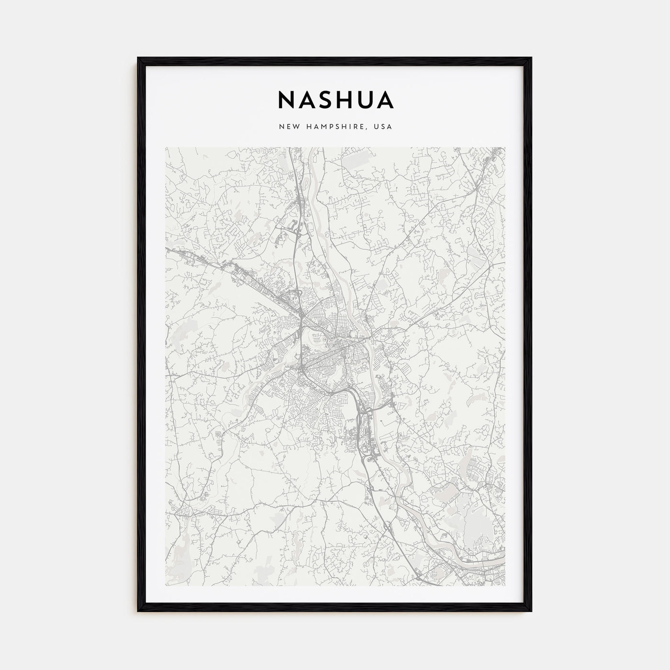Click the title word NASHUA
coord(335,100)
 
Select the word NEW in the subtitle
coord(286,127)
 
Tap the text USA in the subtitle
coord(383,127)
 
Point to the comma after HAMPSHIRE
coord(368,129)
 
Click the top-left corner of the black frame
coord(139,58)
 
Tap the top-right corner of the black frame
coord(531,58)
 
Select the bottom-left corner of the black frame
coord(139,611)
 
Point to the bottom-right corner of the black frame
coord(531,611)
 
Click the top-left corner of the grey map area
coord(166,147)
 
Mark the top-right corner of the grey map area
coord(505,147)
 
